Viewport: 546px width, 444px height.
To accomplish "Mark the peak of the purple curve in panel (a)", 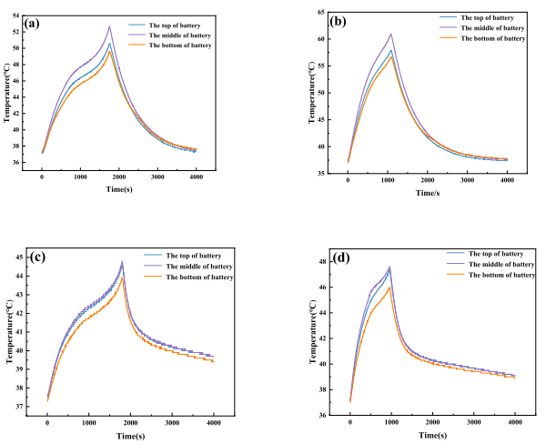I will [109, 26].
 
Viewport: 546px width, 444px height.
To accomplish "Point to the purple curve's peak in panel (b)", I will [390, 35].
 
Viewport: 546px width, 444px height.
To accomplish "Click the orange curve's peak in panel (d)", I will [389, 288].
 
